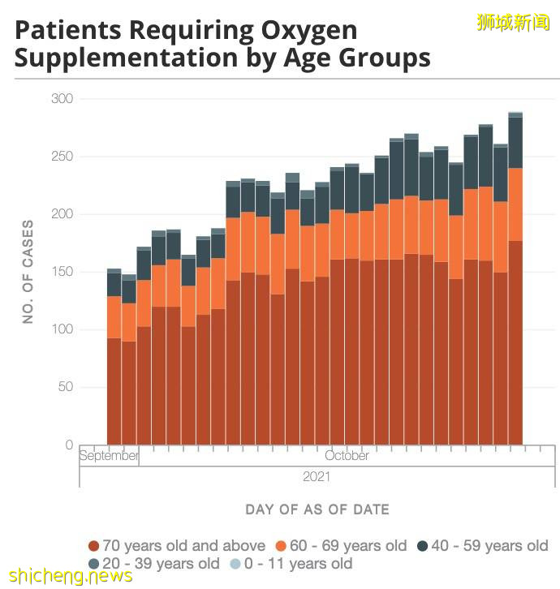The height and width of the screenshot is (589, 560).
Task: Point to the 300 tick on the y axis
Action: pos(62,99)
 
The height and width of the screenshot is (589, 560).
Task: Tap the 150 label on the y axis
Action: pos(62,272)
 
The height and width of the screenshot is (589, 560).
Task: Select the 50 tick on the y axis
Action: pos(66,387)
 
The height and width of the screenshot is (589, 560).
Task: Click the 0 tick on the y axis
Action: pos(69,445)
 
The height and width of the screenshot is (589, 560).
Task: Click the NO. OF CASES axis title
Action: pos(28,272)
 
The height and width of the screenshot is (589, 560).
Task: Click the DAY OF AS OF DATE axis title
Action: pos(317,509)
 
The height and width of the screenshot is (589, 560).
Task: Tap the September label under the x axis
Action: pos(109,456)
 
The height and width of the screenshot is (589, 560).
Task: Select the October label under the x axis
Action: pos(347,456)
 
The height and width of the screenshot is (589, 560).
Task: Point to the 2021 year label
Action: pos(317,477)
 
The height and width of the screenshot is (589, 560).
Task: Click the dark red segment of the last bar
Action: pos(515,341)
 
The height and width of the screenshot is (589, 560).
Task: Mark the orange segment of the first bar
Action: pos(114,316)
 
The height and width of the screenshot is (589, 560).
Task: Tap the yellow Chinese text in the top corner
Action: pos(513,22)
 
